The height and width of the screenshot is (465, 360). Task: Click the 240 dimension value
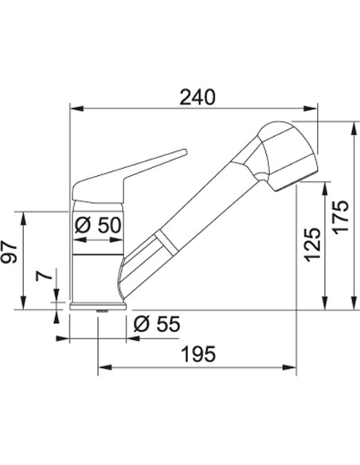point(198,97)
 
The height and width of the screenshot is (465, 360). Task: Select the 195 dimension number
point(199,354)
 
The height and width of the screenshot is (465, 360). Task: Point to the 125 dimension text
point(313,244)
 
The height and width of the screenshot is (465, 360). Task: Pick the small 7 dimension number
point(43,275)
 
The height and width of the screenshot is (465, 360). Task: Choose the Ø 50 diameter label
point(98,225)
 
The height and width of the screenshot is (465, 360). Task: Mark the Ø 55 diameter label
point(157,323)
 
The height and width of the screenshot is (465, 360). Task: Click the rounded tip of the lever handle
point(184,152)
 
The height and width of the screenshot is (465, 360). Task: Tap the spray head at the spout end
point(286,154)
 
